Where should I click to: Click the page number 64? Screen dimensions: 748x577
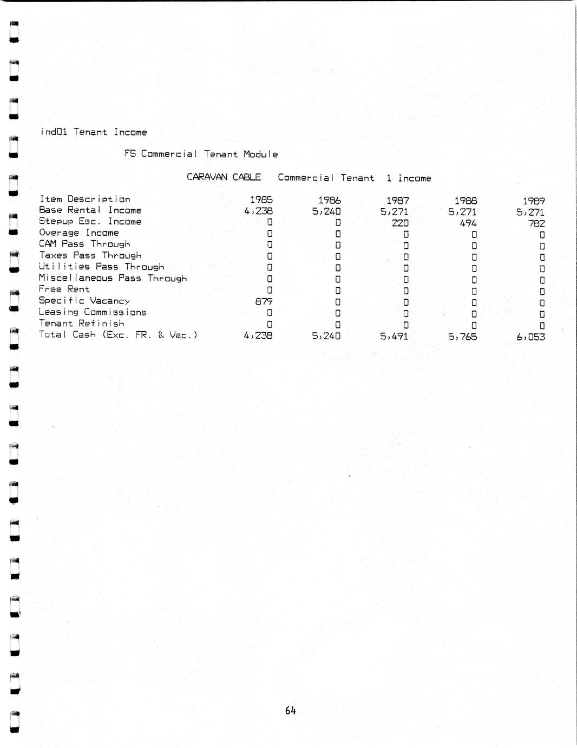click(290, 711)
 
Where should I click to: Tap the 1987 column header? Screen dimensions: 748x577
click(397, 201)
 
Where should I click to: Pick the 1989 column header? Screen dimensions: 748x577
click(533, 201)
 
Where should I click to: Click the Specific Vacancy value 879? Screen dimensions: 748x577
click(264, 301)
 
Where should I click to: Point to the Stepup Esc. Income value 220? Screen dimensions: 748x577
click(400, 223)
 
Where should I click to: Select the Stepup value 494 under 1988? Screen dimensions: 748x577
click(468, 223)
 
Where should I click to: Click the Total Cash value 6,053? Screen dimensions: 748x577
click(530, 337)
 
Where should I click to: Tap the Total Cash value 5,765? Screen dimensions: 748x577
click(462, 337)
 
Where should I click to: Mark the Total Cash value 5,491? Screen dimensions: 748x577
click(394, 336)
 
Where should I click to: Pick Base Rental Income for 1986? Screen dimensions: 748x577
click(326, 211)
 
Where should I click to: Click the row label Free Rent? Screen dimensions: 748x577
click(64, 289)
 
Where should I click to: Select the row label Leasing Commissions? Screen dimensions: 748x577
click(92, 312)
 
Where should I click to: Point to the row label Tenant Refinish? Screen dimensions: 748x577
click(81, 324)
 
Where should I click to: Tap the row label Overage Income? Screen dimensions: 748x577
click(78, 233)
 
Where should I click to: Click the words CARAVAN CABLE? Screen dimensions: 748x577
click(224, 177)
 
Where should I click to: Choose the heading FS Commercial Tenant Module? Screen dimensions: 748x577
click(201, 154)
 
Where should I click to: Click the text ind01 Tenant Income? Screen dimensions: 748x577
click(93, 132)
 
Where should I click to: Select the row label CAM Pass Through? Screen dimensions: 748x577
click(84, 244)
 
